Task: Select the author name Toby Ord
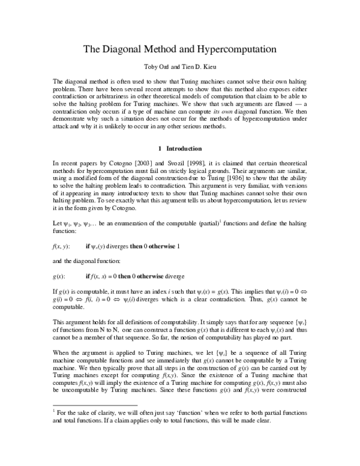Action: click(x=153, y=68)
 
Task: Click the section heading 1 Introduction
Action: click(x=179, y=148)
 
